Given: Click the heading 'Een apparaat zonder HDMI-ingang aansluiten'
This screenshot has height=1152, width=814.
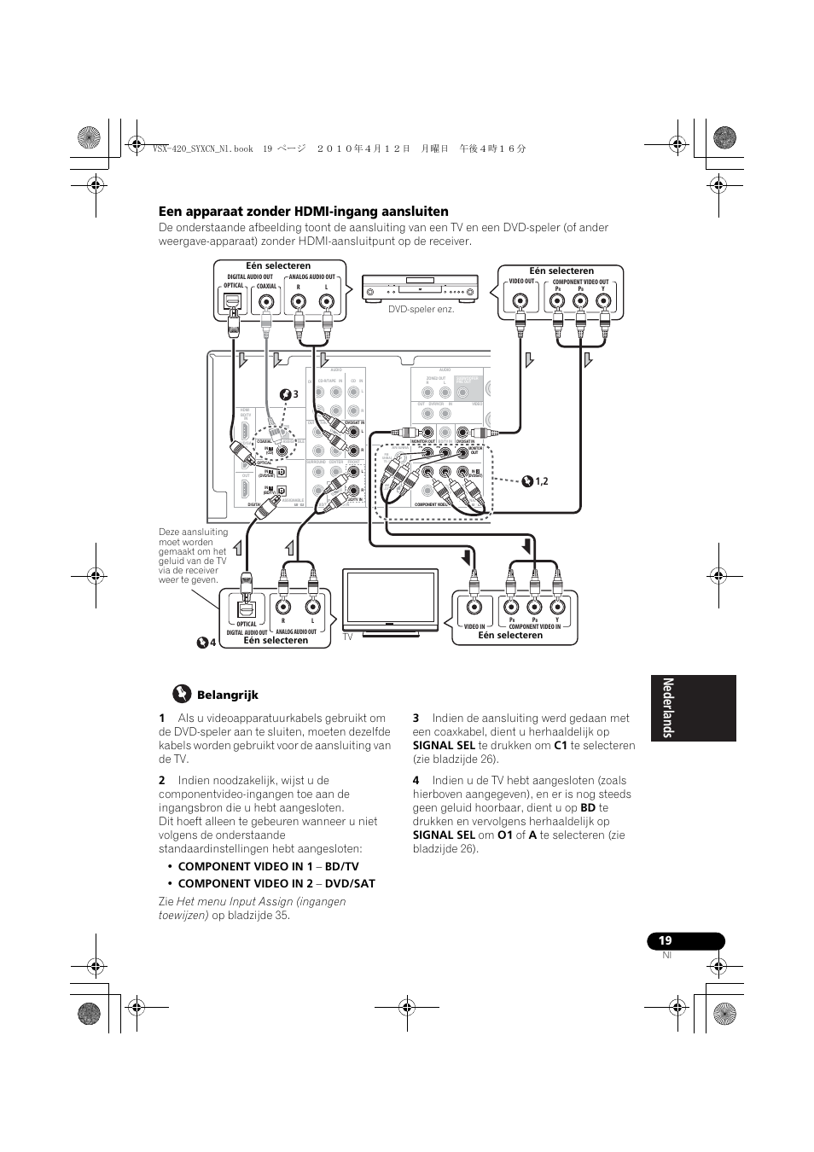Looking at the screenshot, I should tap(303, 212).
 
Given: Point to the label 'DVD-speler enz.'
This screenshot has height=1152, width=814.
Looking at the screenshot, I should tap(422, 309).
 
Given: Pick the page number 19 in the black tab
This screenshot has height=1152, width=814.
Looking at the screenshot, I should tap(666, 940).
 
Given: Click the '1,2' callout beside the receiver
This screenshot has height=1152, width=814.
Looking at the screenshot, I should tap(540, 481).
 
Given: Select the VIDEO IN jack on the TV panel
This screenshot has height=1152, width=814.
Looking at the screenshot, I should tap(475, 607).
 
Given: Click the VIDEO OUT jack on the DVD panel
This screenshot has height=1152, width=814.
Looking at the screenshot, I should tap(520, 300).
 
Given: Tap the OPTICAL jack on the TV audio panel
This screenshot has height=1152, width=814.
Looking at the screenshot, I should tap(247, 607).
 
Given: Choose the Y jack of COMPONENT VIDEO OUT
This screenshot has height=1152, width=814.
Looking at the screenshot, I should tap(603, 300).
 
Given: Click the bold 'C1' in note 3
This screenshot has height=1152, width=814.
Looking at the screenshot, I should tap(561, 745).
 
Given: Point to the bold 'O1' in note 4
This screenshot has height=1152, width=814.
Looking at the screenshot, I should tap(505, 835).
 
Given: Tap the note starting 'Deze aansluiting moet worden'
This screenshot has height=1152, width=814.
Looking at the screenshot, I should tap(194, 556).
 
